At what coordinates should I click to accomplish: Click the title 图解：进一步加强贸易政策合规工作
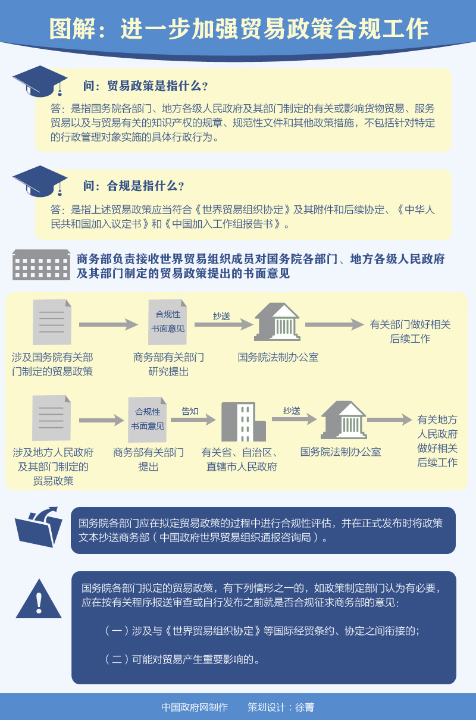point(239,29)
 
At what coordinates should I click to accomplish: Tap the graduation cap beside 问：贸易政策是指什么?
point(40,82)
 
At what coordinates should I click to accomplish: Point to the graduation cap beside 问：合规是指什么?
point(40,181)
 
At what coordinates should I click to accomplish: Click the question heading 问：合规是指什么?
point(133,186)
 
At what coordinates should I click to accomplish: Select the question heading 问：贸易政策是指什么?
point(145,86)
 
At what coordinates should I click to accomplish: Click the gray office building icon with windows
point(42,265)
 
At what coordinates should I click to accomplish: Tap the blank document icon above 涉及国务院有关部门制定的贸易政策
point(52,322)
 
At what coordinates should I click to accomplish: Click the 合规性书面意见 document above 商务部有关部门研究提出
point(167,322)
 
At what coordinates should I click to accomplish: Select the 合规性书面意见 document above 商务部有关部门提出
point(147,420)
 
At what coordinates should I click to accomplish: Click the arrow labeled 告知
point(193,420)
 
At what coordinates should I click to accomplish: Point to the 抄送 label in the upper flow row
point(221,316)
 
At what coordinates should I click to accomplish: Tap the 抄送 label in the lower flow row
point(292,411)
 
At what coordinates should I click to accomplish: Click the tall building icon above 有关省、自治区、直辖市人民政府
point(243,422)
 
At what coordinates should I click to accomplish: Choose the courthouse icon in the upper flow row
point(277,322)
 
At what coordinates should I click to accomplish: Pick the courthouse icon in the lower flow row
point(343,420)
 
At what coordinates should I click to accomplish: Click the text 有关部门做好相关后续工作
point(410,331)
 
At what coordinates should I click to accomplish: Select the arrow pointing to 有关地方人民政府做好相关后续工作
point(390,420)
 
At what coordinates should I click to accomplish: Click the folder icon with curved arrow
point(39,527)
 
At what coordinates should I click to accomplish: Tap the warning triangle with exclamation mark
point(39,599)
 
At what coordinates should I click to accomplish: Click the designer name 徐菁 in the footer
point(305,707)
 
